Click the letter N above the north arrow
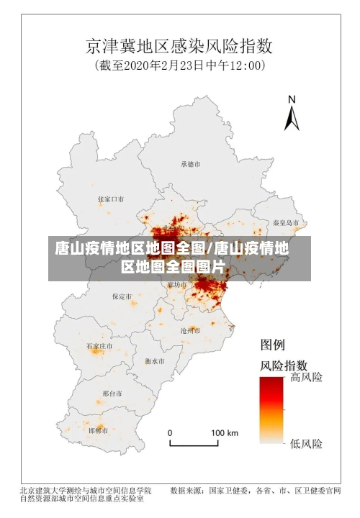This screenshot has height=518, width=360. point(292,100)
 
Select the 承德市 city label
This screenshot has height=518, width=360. point(191,164)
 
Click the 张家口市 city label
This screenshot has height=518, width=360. point(110,199)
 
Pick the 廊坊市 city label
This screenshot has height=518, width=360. point(178,284)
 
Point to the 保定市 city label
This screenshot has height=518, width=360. point(122,296)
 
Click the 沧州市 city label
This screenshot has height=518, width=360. point(191,330)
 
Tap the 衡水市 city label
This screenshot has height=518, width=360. point(154,360)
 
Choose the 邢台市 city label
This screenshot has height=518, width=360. point(112,394)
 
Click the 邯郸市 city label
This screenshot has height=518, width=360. point(98,430)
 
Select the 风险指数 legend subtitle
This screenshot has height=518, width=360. point(284,365)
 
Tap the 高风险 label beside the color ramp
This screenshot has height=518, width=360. point(306,377)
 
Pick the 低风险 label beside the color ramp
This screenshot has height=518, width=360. point(306,442)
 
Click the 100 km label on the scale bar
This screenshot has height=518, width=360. point(224,433)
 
